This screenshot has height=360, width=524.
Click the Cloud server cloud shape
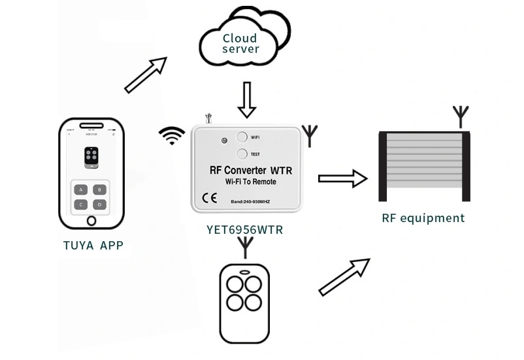242,41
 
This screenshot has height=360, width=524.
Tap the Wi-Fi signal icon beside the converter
171,135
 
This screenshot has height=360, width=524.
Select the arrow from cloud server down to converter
246,99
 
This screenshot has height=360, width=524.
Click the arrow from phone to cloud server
145,74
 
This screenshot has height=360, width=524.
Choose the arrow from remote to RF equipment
344,276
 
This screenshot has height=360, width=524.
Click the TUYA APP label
93,246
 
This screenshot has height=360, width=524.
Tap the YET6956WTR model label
245,230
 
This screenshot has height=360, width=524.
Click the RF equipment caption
423,218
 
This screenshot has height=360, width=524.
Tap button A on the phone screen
81,190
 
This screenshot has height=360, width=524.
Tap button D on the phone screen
99,205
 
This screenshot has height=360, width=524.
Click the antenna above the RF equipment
461,116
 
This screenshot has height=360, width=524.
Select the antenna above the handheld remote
245,248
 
